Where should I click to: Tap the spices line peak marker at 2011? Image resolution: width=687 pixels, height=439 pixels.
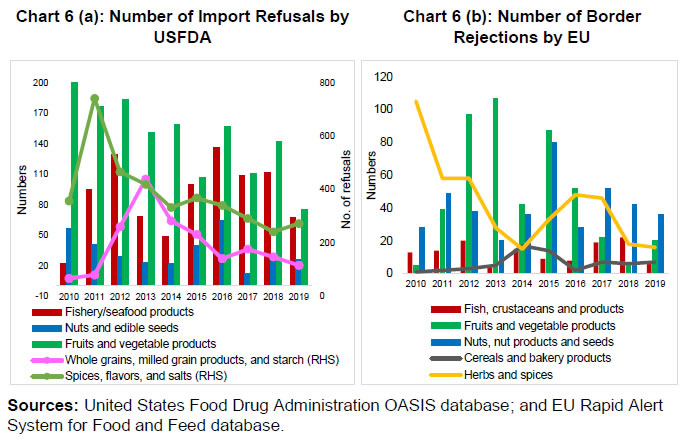tap(95, 99)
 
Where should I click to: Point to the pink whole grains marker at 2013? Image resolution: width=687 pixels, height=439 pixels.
tap(146, 180)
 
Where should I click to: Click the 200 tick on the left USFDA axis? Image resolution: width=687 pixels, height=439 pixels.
tap(40, 82)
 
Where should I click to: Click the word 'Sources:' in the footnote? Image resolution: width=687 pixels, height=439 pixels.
tap(41, 406)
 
